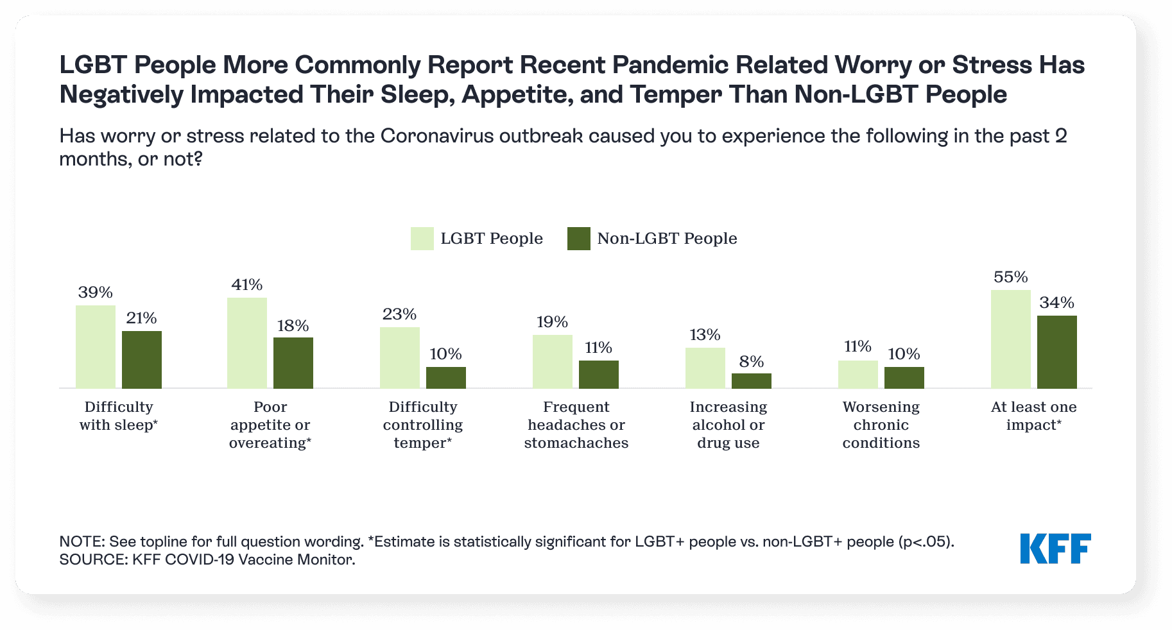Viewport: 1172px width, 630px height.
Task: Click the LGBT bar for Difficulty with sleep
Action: point(96,346)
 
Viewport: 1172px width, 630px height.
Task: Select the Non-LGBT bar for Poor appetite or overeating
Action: point(293,362)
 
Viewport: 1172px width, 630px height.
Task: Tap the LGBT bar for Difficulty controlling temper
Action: point(400,357)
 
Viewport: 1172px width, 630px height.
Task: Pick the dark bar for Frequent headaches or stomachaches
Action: point(599,374)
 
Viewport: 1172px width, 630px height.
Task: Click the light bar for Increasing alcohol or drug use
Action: point(705,368)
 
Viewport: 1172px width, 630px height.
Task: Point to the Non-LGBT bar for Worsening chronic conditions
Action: point(904,377)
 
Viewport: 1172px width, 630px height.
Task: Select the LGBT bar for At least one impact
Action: point(1011,339)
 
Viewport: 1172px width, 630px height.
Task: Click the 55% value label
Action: point(1011,277)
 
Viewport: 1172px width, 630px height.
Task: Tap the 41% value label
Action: point(247,285)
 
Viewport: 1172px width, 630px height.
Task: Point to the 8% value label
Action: point(752,362)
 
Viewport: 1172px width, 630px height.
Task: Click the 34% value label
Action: point(1057,303)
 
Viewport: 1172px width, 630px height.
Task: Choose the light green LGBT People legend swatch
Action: point(422,239)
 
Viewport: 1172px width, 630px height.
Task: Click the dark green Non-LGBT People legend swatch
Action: point(579,239)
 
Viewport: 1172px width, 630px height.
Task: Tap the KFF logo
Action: point(1056,549)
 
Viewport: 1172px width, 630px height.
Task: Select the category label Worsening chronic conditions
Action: point(881,425)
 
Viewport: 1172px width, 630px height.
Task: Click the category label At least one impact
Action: point(1034,416)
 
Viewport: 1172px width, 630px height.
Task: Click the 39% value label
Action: point(96,293)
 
